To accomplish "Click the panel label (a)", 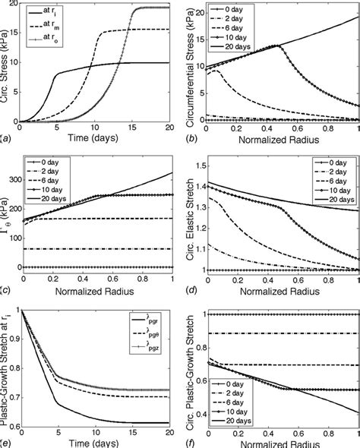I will [x=7, y=139].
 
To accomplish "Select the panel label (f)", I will [x=190, y=442].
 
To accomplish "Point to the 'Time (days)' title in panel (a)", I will [x=93, y=140].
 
